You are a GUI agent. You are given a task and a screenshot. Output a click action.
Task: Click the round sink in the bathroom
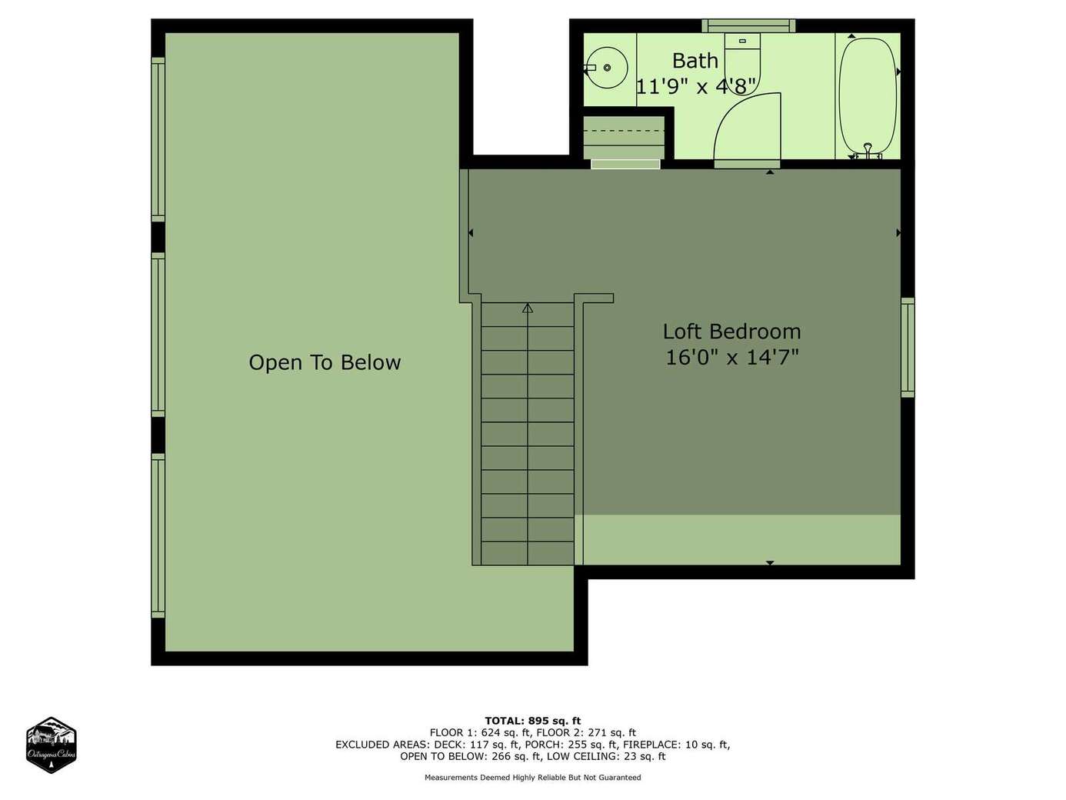607,68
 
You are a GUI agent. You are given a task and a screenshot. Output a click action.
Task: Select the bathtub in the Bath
868,97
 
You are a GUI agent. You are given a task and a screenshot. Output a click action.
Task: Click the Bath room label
695,61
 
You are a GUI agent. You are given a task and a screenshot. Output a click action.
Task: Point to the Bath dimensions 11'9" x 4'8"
696,86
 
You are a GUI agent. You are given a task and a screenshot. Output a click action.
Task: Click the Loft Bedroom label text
731,332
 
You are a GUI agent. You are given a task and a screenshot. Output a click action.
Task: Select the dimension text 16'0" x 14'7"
732,358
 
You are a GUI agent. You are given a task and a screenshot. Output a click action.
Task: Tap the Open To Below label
325,362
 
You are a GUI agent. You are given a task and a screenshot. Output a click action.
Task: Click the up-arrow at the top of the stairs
528,308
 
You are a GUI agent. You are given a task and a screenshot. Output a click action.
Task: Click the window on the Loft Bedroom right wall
908,347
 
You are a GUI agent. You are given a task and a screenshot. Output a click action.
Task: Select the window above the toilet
748,25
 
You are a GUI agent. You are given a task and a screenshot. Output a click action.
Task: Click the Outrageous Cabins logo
52,745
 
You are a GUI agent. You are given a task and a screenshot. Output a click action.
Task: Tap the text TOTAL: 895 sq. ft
533,721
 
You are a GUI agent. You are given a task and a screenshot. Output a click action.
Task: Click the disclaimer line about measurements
533,778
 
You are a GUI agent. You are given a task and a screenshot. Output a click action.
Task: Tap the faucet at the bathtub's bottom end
868,152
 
